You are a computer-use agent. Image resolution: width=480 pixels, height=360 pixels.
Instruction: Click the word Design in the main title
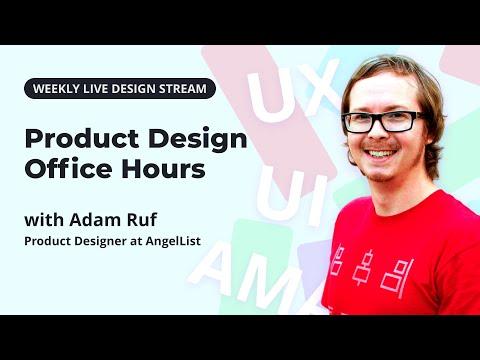click(x=198, y=140)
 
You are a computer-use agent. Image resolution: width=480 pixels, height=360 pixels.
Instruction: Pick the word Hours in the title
click(x=163, y=168)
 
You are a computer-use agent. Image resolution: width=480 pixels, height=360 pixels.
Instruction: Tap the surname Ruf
click(x=143, y=220)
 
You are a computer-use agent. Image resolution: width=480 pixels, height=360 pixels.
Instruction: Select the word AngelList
click(x=173, y=241)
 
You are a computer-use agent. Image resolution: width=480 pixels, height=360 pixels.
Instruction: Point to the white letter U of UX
click(x=272, y=95)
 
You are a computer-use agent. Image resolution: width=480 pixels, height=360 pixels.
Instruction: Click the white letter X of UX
click(x=321, y=87)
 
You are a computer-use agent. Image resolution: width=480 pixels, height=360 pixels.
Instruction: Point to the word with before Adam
click(x=44, y=220)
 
